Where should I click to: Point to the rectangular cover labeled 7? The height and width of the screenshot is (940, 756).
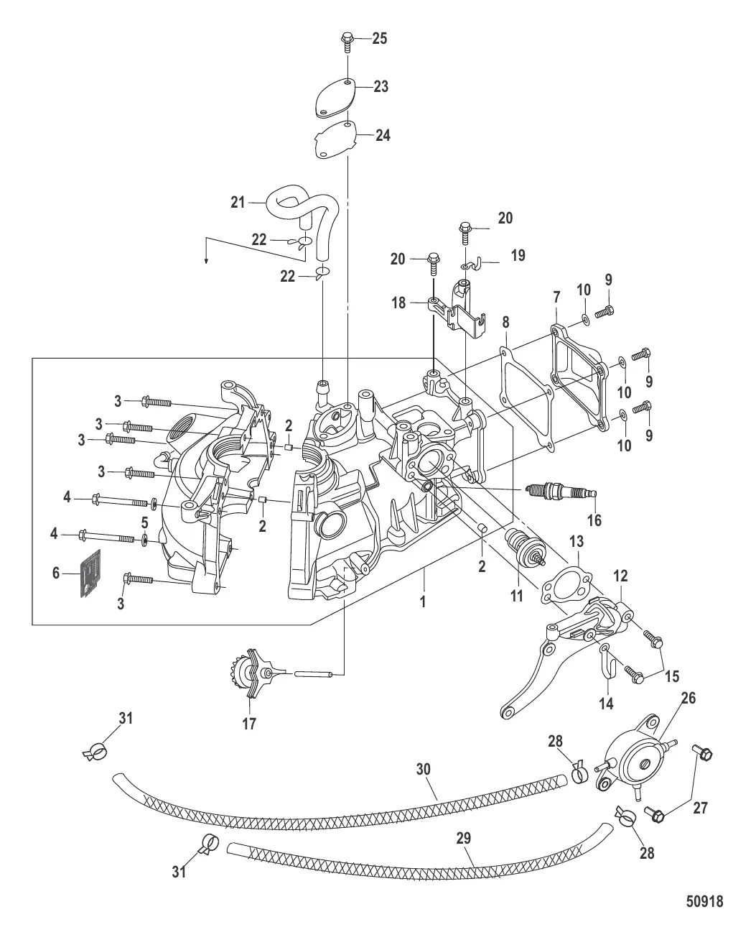click(x=575, y=354)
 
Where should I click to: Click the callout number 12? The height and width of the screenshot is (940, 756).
click(x=620, y=574)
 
